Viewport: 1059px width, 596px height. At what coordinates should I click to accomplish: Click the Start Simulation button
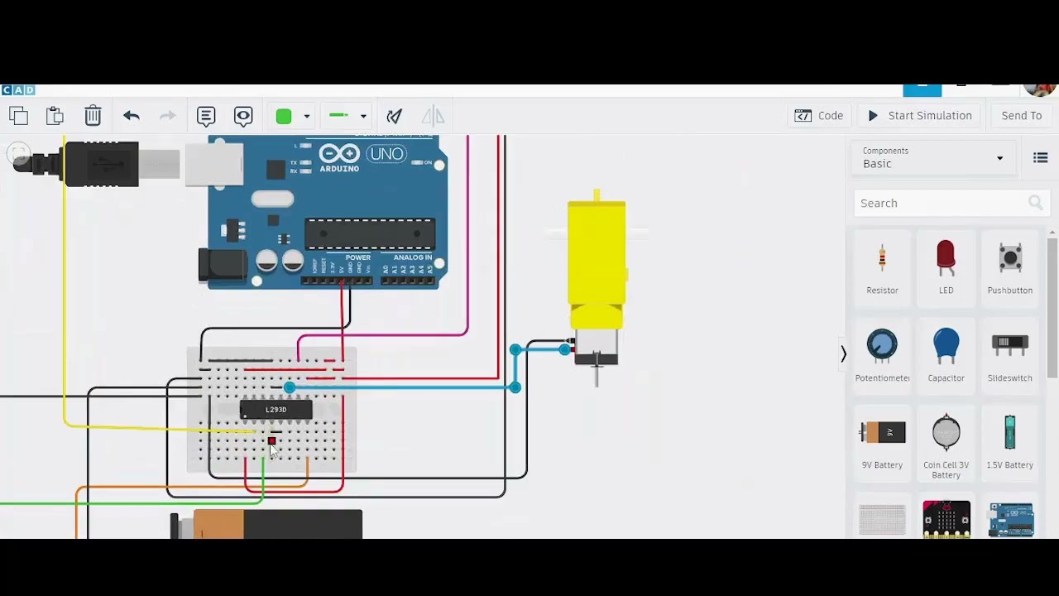(920, 116)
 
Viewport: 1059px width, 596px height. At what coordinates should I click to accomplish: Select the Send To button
(1021, 116)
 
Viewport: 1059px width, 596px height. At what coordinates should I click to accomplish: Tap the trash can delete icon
(93, 116)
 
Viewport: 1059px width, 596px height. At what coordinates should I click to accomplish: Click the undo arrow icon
(132, 116)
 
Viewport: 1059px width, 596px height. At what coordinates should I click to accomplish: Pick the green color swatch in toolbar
(284, 116)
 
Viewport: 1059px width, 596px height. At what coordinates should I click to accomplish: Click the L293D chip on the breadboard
(276, 410)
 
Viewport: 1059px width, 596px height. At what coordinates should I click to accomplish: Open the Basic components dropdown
(932, 157)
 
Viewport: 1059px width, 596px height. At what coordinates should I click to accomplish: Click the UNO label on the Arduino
(387, 154)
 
